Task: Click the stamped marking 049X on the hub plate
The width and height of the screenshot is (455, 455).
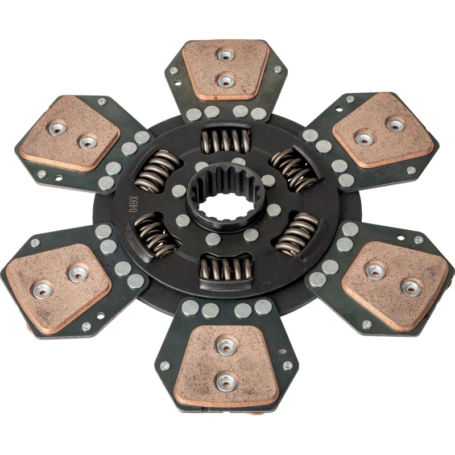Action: pyautogui.click(x=133, y=204)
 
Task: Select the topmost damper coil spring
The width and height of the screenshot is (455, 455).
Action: pyautogui.click(x=226, y=140)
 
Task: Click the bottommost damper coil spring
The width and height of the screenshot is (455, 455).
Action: pyautogui.click(x=226, y=268)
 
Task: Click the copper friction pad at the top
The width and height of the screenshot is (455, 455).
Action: pyautogui.click(x=226, y=69)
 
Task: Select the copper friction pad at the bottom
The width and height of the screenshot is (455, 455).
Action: pyautogui.click(x=226, y=366)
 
